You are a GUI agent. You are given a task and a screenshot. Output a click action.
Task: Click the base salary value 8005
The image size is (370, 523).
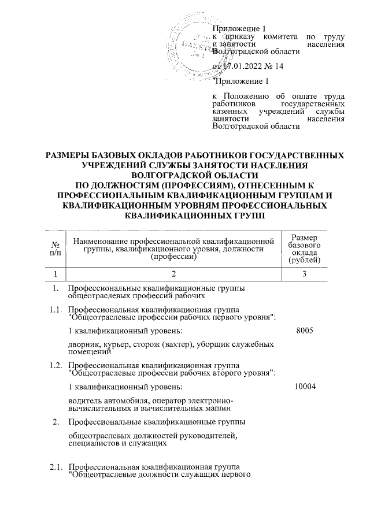click(x=304, y=331)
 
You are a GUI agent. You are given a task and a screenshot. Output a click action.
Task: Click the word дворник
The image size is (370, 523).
click(x=83, y=344)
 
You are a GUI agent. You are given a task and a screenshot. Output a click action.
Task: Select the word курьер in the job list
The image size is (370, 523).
click(x=115, y=344)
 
